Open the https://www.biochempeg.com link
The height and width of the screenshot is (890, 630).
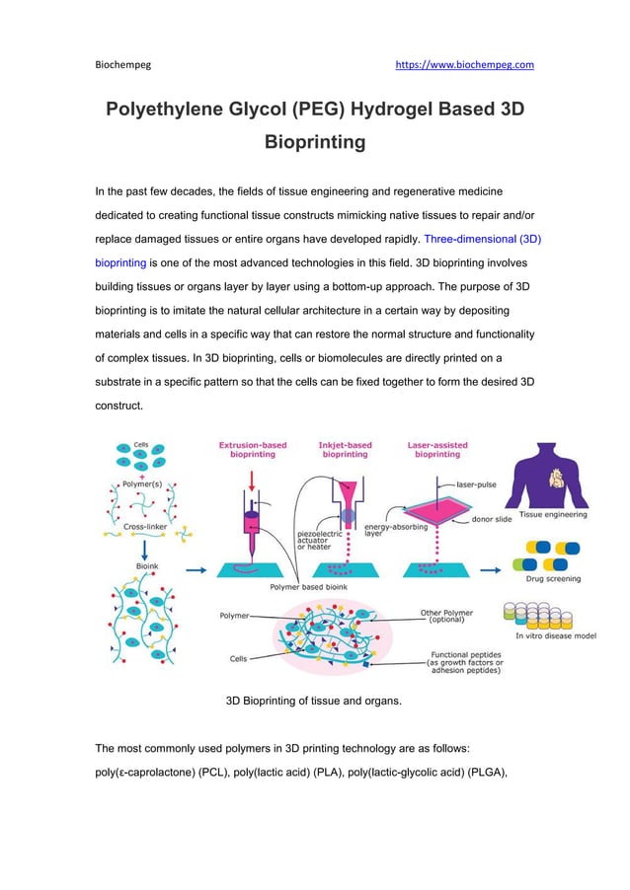464,65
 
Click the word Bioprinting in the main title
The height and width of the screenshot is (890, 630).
315,142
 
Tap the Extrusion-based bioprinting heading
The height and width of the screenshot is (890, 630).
253,450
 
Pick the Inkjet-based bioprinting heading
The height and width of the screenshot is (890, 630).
345,450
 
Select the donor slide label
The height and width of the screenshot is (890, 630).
491,519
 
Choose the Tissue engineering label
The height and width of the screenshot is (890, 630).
552,514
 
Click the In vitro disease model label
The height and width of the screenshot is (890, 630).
556,636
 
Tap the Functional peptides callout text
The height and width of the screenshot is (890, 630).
464,661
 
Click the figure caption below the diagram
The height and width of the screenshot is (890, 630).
313,702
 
